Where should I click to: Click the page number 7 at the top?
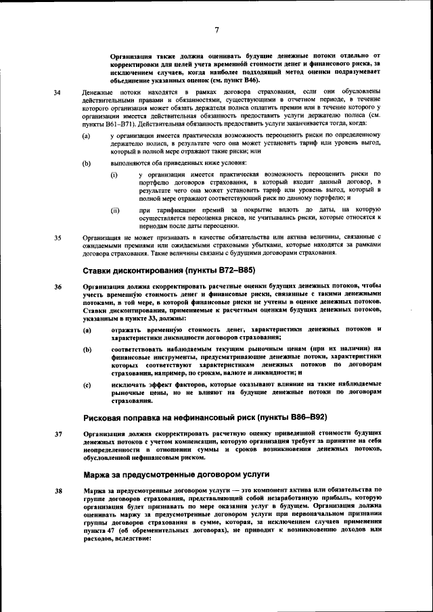click(217, 29)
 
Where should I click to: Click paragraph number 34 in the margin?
click(58, 91)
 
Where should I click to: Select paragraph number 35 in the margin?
click(58, 237)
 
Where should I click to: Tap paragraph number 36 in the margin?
click(58, 287)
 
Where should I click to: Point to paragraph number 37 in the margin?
click(58, 433)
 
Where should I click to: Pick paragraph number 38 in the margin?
click(58, 489)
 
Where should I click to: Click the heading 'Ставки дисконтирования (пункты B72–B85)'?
click(168, 270)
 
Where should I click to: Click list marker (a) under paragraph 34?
click(87, 136)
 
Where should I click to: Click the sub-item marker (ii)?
click(115, 210)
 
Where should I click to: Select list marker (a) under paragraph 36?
click(87, 329)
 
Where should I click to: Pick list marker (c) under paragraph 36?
click(87, 385)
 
